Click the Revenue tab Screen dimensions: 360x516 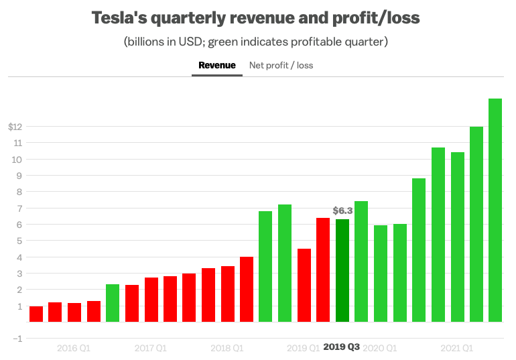[217, 65]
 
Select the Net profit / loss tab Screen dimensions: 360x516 [281, 65]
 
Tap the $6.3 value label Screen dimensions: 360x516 [342, 211]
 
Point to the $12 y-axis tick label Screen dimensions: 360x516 [15, 127]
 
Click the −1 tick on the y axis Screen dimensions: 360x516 [17, 339]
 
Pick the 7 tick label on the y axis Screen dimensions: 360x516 [21, 208]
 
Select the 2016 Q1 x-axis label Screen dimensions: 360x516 [74, 348]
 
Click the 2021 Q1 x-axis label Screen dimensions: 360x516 [457, 348]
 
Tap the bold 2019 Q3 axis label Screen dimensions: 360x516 [342, 347]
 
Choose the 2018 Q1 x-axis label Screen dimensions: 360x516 [227, 348]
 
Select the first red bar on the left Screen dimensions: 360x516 [36, 314]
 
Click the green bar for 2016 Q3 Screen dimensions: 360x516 [113, 303]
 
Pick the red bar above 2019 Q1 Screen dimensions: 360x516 [304, 285]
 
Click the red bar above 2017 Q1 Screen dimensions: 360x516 [151, 300]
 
